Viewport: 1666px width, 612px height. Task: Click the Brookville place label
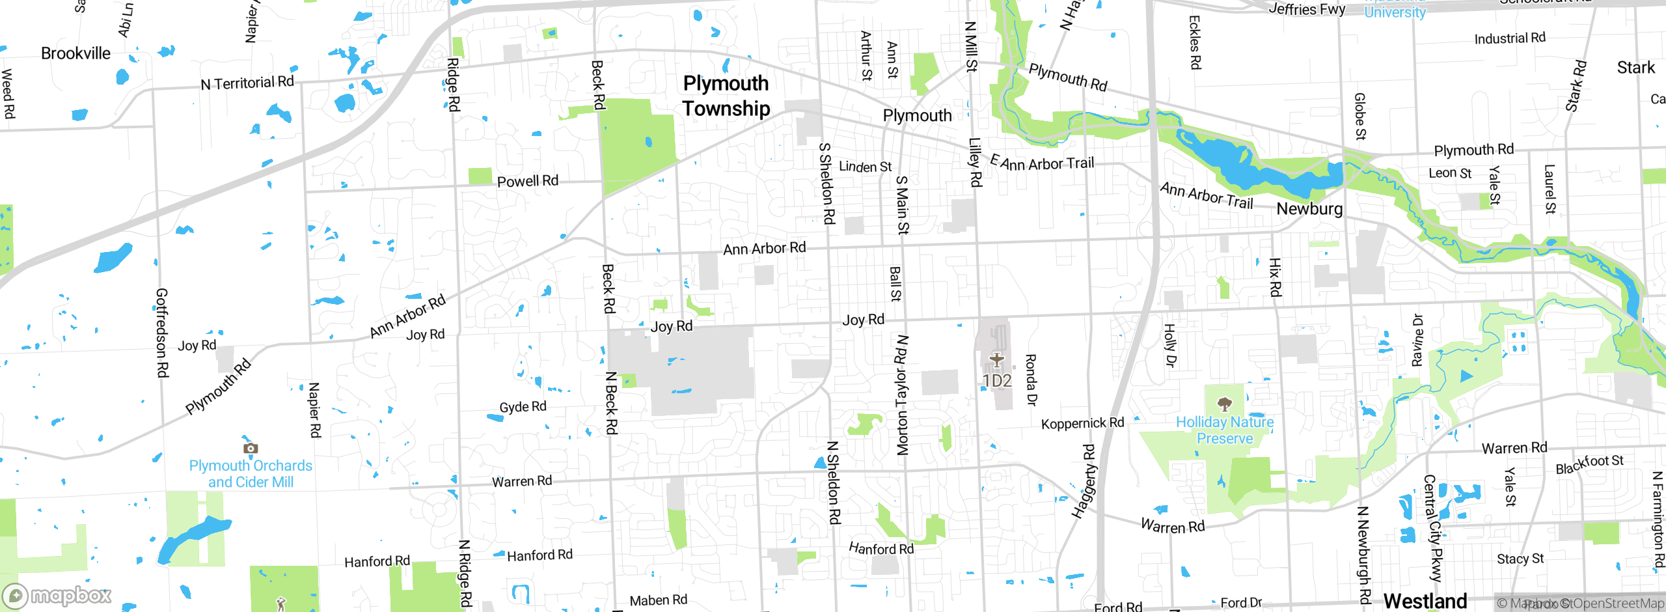[75, 53]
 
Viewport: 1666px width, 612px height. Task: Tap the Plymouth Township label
[726, 96]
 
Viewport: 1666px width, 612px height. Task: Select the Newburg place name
[1309, 209]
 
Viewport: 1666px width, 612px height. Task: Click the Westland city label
[1425, 600]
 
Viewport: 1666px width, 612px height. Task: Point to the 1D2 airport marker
[996, 360]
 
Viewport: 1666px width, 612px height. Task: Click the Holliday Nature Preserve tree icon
[1224, 404]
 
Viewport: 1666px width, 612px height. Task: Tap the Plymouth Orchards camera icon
[251, 448]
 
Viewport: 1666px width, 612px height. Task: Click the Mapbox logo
[57, 596]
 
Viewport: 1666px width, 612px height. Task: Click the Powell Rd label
[527, 181]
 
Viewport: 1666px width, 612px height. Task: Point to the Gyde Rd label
[523, 407]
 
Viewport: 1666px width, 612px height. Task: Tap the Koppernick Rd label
[1082, 423]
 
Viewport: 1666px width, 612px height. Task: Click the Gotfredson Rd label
[162, 333]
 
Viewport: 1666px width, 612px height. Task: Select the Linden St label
[865, 167]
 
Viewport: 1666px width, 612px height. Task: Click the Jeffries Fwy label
[1307, 9]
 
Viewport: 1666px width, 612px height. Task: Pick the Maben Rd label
[658, 600]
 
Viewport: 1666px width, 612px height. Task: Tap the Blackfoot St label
[1589, 464]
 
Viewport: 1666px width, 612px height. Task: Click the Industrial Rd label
[1510, 38]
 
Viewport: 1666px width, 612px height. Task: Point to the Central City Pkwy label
[1433, 527]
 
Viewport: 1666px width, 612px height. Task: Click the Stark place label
[1635, 68]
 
